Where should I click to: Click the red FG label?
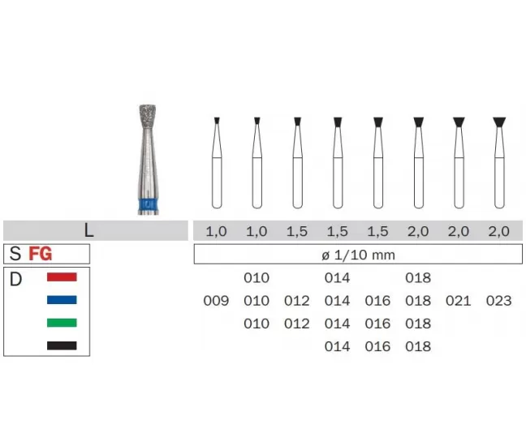[41, 254]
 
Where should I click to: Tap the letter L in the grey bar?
[88, 230]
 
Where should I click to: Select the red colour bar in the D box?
[62, 277]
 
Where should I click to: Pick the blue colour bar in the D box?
[62, 299]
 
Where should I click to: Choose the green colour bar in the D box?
[62, 323]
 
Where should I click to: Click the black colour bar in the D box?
[62, 345]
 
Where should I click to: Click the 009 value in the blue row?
[216, 301]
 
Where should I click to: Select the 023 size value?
[499, 301]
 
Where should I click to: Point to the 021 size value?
[459, 301]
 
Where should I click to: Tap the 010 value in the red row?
[257, 278]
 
